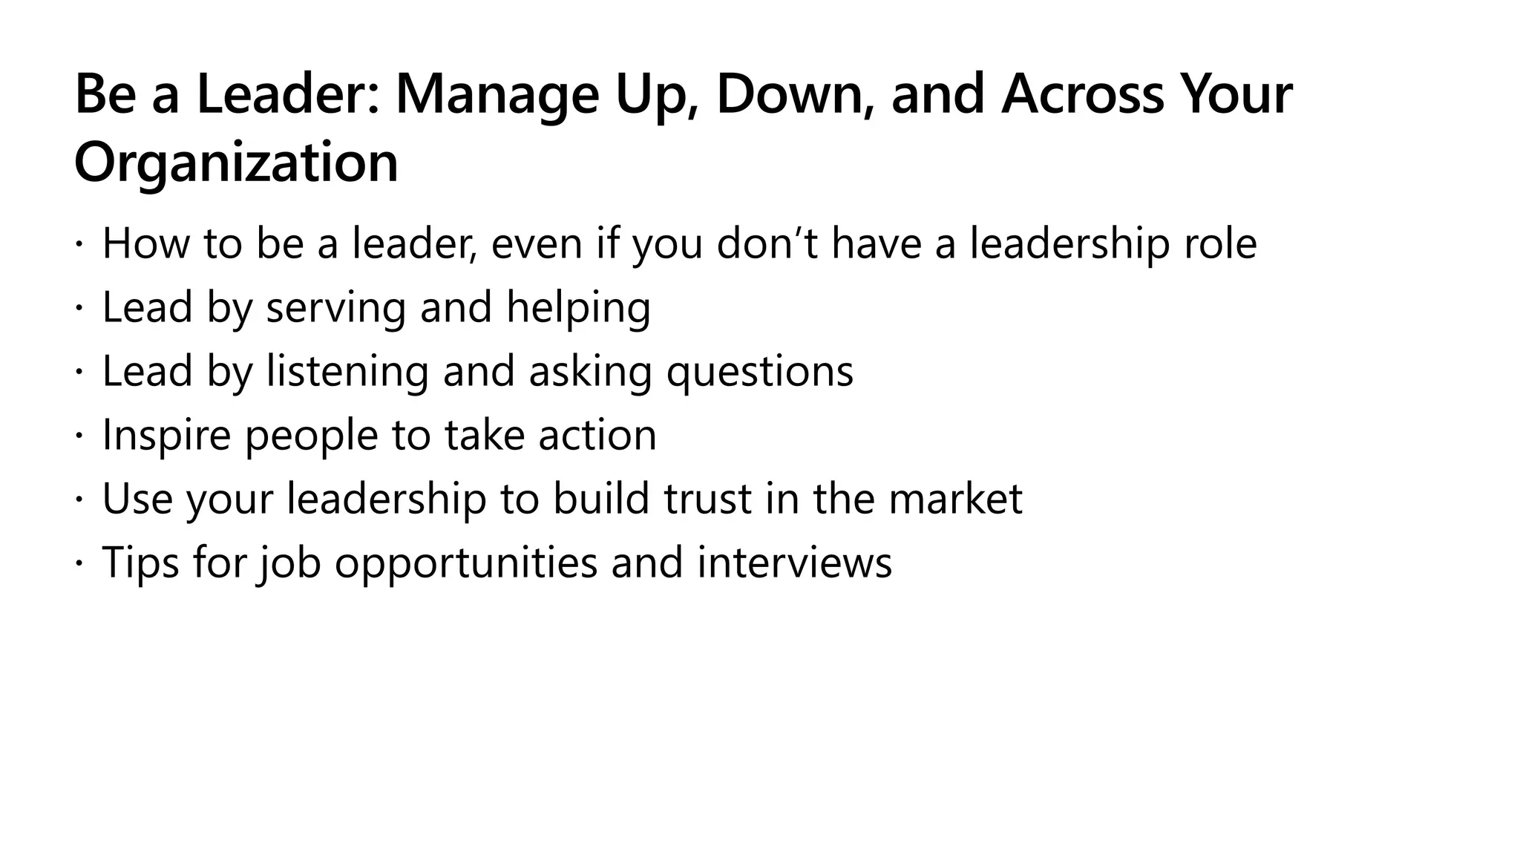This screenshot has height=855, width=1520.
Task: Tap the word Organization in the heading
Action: (236, 163)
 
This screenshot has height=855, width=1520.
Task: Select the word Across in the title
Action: (1082, 95)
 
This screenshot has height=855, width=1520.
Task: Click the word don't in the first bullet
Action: (767, 243)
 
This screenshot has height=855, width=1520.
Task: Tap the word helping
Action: (578, 307)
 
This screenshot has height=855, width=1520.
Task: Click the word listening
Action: (347, 371)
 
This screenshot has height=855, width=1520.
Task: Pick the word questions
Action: (759, 371)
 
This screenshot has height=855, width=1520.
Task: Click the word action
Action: (597, 435)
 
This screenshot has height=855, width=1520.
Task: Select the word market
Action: (955, 499)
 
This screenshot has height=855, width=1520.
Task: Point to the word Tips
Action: (140, 563)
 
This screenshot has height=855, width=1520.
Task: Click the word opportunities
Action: (465, 563)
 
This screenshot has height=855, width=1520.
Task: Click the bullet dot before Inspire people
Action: (79, 435)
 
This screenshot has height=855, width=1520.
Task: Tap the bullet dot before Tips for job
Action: (79, 563)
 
